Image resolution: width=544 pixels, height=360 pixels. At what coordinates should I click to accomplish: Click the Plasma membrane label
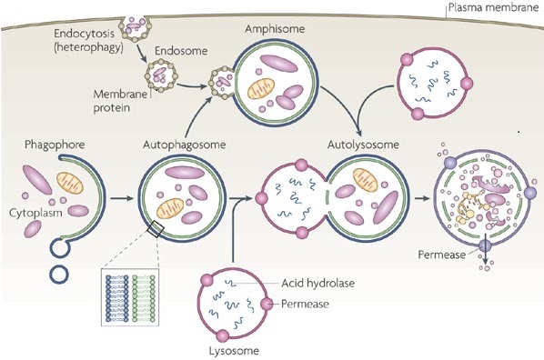coord(493,7)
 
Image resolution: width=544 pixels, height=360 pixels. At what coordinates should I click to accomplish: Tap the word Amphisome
coord(275,29)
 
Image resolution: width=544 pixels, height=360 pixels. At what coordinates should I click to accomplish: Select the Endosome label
coord(181,51)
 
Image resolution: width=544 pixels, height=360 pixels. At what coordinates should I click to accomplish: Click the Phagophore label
coord(55,145)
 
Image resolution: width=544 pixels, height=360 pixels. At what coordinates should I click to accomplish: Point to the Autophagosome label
coord(185,145)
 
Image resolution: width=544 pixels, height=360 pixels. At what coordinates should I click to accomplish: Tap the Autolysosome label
coord(363,145)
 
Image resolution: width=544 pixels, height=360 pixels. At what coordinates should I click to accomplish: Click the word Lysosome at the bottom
coord(234,351)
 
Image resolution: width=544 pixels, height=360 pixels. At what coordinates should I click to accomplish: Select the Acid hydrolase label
coord(317,284)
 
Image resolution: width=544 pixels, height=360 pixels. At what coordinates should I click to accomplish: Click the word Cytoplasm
coord(35,213)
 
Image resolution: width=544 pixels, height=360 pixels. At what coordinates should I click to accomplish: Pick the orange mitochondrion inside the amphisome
coord(261,89)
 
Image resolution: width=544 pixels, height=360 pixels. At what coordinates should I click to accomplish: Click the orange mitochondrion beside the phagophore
coord(70,183)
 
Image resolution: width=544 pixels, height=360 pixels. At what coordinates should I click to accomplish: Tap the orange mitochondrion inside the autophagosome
coord(170,209)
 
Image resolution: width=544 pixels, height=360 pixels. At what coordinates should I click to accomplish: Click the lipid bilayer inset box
coord(130,297)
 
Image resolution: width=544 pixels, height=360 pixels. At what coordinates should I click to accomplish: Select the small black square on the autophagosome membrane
coord(155,229)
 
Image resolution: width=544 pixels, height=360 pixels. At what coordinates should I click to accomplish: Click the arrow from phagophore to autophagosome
coord(122,198)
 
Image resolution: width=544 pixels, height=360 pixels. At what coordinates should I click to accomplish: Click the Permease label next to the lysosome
coord(305,305)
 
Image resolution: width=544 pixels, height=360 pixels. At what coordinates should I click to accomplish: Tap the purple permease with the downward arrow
coord(485,245)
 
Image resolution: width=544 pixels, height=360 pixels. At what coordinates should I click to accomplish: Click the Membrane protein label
coord(120,101)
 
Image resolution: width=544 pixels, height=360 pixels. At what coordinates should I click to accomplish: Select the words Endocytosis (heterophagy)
coord(88,40)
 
